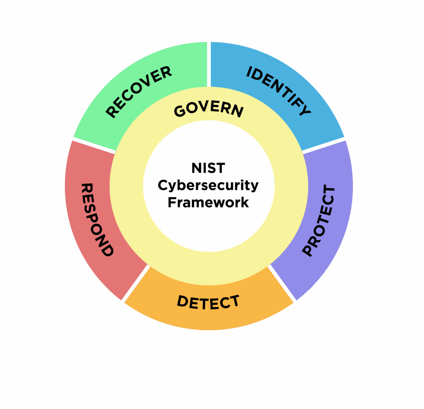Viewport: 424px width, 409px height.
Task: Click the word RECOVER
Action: click(x=138, y=92)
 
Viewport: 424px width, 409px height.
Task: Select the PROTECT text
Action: click(x=319, y=220)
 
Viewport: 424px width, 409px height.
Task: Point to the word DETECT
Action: click(x=208, y=302)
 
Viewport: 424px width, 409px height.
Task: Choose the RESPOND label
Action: click(x=97, y=220)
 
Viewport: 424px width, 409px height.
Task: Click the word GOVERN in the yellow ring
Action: click(x=209, y=110)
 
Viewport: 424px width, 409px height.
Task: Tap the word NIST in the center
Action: click(x=208, y=168)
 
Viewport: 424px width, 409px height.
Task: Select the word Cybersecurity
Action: click(x=208, y=186)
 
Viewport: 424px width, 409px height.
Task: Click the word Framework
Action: click(x=208, y=203)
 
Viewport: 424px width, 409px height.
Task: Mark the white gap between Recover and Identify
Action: click(x=209, y=64)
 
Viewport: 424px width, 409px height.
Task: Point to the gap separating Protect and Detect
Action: click(x=282, y=283)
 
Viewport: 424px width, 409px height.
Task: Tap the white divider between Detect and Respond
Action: click(x=136, y=283)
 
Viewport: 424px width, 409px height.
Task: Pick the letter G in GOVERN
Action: click(x=180, y=111)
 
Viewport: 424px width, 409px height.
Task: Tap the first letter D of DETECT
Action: click(x=183, y=301)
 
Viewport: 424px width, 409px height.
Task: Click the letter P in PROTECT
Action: click(x=308, y=250)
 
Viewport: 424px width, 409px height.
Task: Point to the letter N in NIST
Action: click(x=196, y=168)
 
